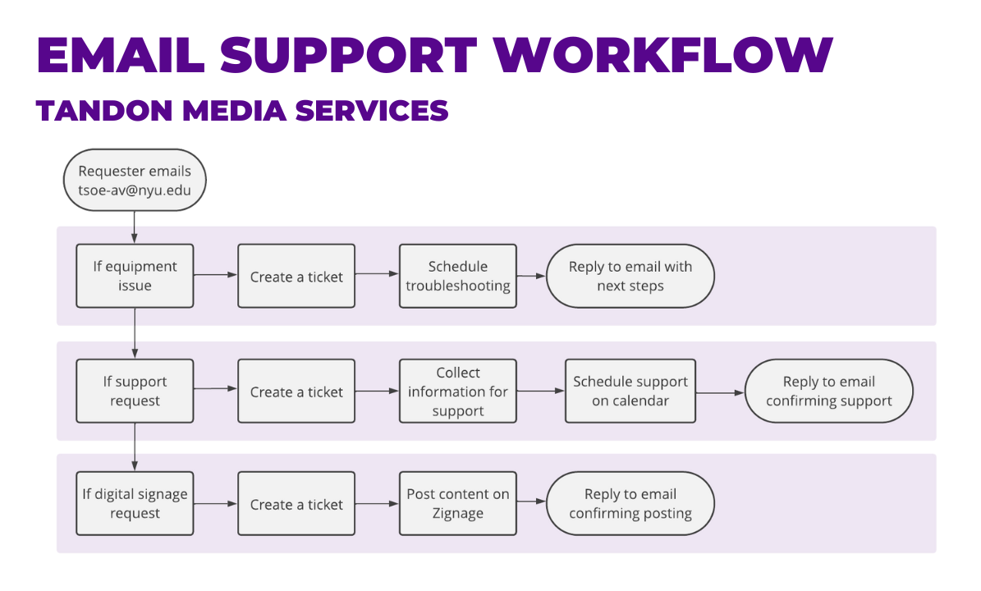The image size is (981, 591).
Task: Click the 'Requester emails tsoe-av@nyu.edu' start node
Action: [x=135, y=181]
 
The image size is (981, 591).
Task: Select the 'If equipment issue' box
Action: [x=135, y=276]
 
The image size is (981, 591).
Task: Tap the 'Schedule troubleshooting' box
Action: [x=458, y=276]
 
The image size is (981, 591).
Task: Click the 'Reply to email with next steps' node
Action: [x=630, y=276]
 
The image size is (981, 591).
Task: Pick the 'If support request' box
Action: [x=135, y=391]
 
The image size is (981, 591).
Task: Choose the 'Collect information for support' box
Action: [x=458, y=391]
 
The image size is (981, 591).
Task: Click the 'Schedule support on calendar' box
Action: [x=630, y=391]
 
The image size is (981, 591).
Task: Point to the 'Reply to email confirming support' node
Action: [x=828, y=391]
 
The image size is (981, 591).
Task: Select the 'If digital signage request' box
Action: [x=135, y=503]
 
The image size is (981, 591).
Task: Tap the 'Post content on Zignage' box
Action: [x=458, y=503]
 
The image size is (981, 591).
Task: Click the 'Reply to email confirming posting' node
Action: [x=630, y=503]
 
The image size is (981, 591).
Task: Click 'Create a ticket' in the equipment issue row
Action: [x=296, y=276]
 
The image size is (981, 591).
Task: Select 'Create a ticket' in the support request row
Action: [x=296, y=391]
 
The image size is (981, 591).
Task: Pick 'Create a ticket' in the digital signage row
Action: [x=296, y=503]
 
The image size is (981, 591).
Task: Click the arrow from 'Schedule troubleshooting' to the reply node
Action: [x=531, y=276]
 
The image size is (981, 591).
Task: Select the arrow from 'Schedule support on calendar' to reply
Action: [x=720, y=393]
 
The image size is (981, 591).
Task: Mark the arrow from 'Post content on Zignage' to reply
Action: [x=531, y=502]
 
